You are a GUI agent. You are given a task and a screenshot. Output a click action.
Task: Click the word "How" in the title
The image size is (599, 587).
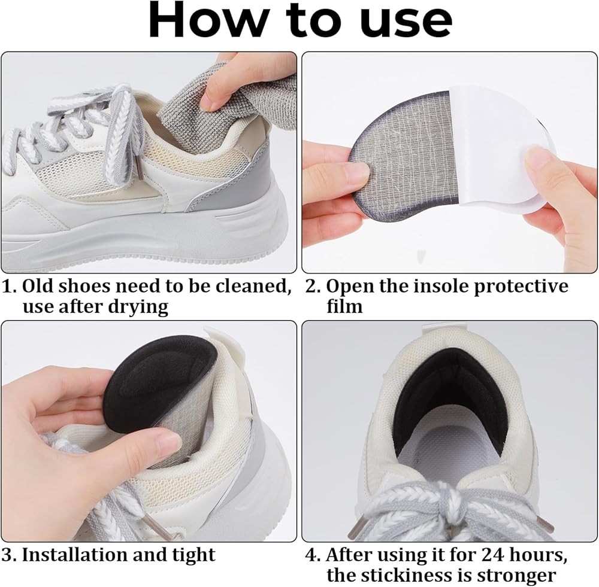click(203, 19)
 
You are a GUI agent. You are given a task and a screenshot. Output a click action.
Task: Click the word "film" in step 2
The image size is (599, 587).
click(344, 306)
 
